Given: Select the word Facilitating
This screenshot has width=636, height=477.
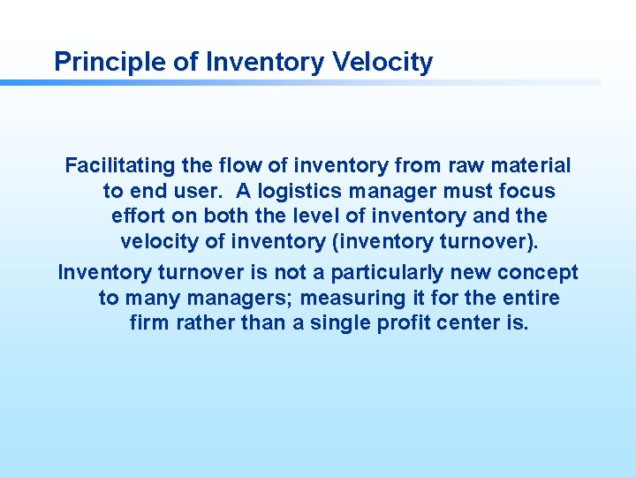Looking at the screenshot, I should [120, 165].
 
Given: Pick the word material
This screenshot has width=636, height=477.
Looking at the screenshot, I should [534, 165].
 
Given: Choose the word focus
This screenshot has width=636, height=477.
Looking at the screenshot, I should [526, 191].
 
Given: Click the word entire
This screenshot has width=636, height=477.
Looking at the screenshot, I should [530, 298].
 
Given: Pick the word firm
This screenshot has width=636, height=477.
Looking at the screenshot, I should [148, 323].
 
